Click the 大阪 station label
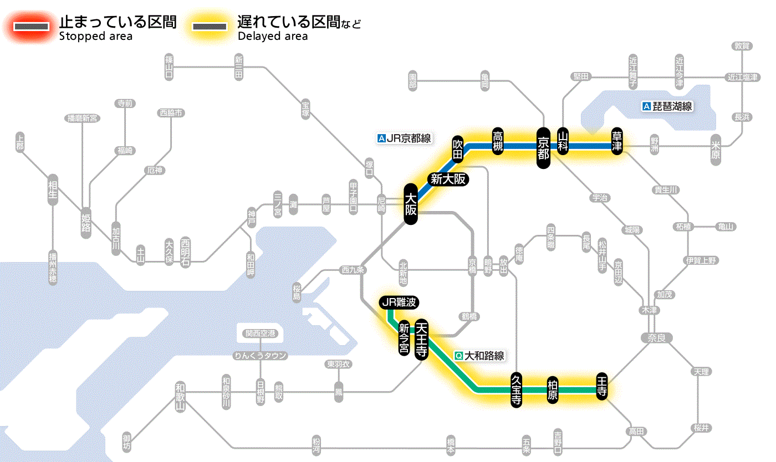(x=410, y=204)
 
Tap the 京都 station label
(x=543, y=147)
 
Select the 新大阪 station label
(x=448, y=179)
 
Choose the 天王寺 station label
(x=421, y=339)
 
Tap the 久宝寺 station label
(x=516, y=391)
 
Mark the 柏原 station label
(x=552, y=390)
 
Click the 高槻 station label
(x=498, y=141)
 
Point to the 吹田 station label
(x=458, y=148)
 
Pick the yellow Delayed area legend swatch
(x=210, y=27)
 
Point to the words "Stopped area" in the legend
(x=95, y=36)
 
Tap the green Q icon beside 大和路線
(x=458, y=356)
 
